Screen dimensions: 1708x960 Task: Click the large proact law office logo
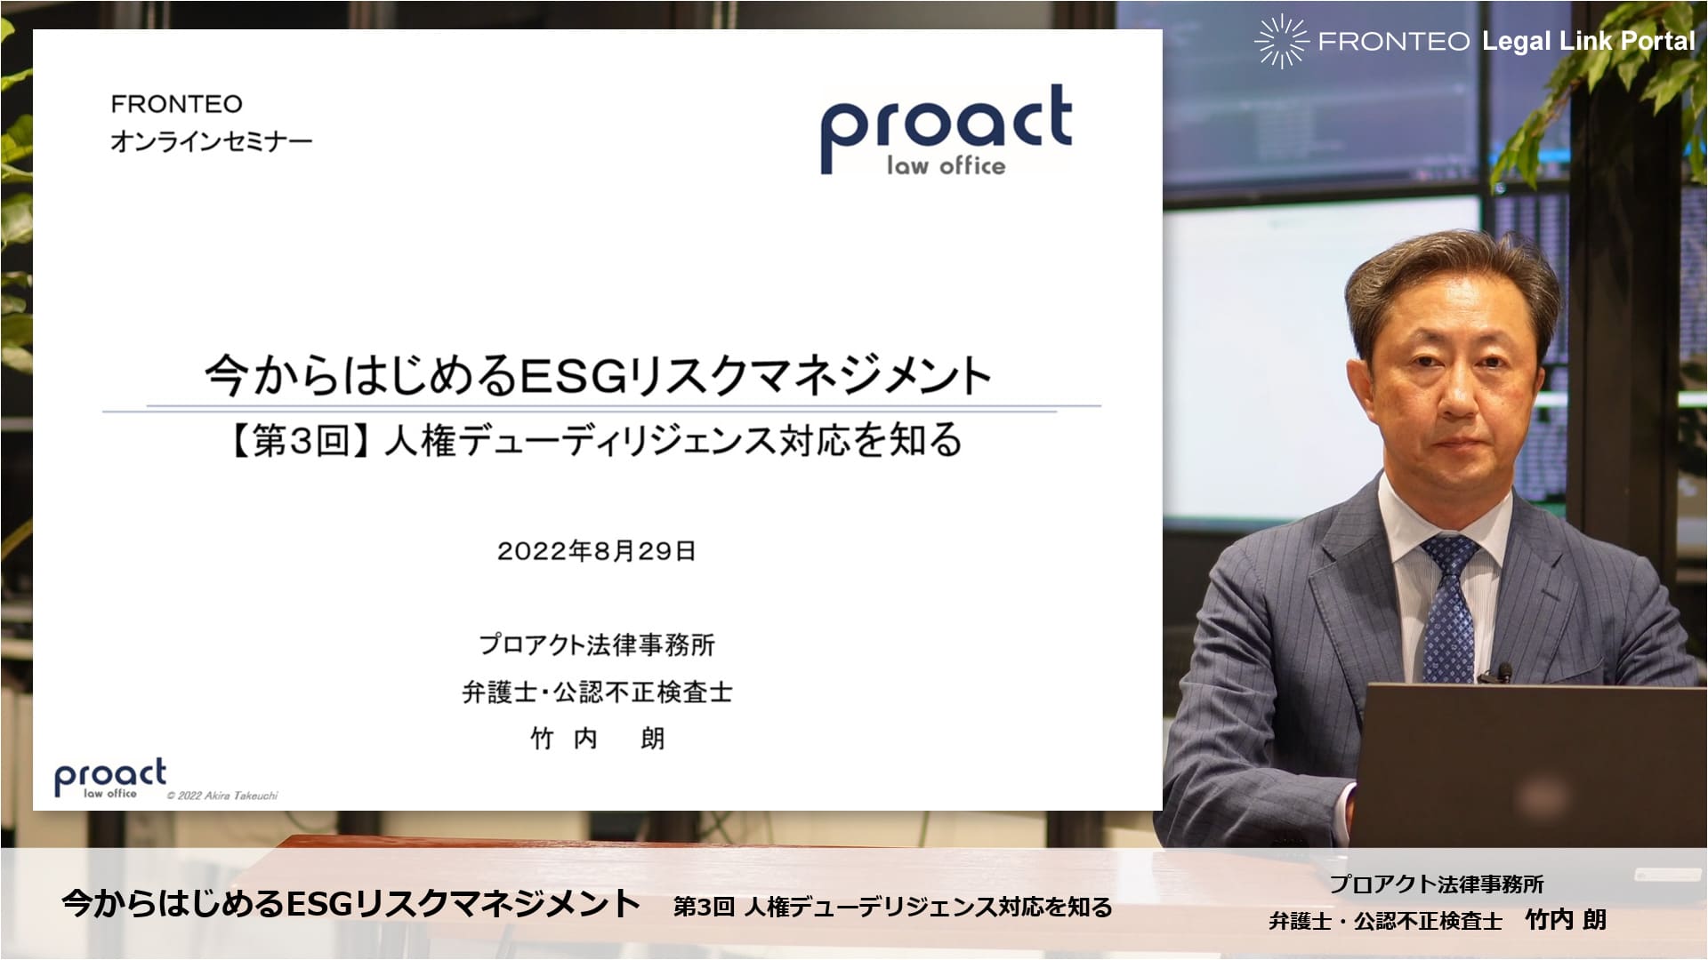946,130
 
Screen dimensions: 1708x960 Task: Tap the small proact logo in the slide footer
110,779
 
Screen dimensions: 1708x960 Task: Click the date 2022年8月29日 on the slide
596,551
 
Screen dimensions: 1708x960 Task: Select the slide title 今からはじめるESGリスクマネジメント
598,374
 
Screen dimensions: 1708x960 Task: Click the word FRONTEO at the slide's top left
176,104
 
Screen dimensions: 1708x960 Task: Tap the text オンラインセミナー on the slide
212,141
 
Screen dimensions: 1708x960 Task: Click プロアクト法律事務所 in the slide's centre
597,644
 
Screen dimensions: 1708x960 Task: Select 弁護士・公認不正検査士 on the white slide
597,692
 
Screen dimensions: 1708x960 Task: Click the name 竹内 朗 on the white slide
597,739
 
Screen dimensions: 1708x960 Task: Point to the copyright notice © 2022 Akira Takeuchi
222,796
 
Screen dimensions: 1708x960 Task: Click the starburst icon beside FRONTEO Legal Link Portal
1281,41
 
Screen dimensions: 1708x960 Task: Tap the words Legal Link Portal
1589,41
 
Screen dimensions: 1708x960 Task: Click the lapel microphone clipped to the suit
1503,672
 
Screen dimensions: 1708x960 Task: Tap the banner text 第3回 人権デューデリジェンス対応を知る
893,907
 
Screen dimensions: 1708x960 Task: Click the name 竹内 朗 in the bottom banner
1566,920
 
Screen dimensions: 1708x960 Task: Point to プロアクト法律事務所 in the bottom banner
1437,884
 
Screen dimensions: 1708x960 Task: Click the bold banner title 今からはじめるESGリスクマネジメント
351,903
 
